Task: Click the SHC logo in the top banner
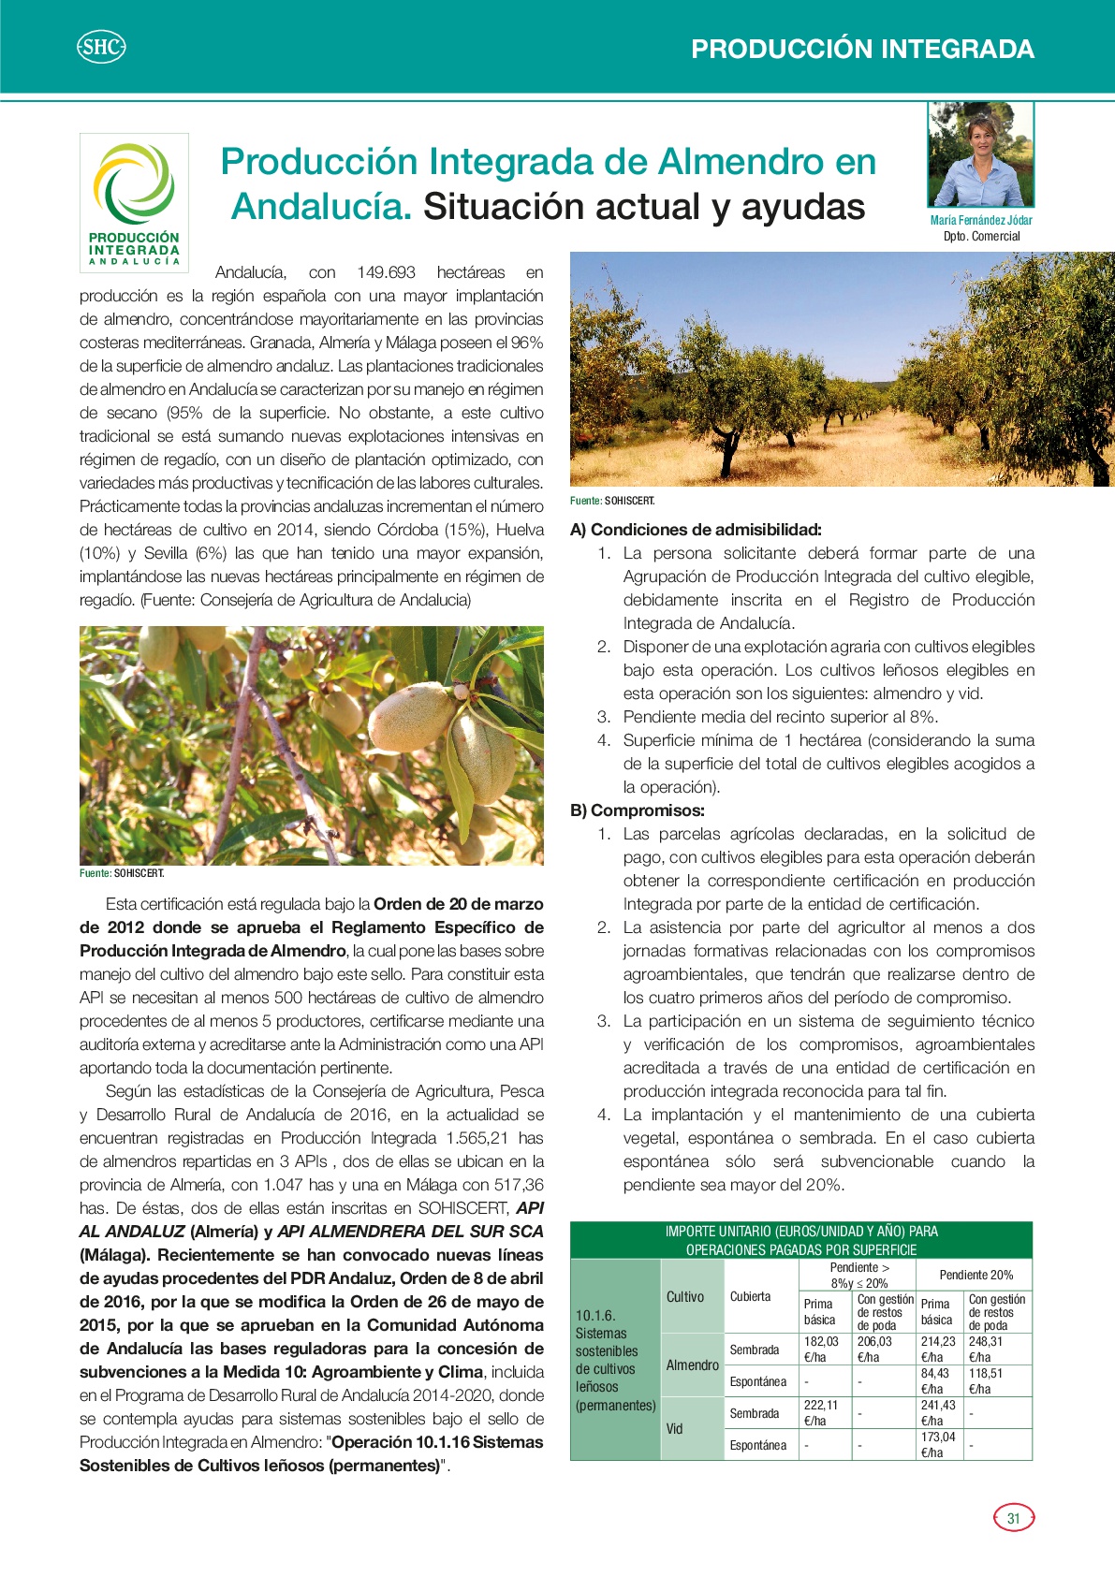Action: (100, 47)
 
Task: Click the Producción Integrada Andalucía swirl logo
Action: (134, 183)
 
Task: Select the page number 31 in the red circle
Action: (1013, 1518)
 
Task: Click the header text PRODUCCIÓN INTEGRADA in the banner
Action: (862, 49)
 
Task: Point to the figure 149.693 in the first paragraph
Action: (386, 272)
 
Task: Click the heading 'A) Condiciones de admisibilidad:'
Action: (696, 530)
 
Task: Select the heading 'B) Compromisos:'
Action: (637, 810)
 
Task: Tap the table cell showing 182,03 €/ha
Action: (821, 1349)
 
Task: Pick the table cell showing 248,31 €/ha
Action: (986, 1349)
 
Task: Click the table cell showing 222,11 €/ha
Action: (821, 1412)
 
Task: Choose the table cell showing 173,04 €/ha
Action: (938, 1444)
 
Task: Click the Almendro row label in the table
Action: (692, 1364)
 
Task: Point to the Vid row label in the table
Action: (675, 1428)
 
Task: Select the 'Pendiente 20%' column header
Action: (976, 1275)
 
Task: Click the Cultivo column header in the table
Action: (685, 1296)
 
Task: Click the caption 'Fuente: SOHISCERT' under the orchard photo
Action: (612, 501)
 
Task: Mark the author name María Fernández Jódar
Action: (981, 220)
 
